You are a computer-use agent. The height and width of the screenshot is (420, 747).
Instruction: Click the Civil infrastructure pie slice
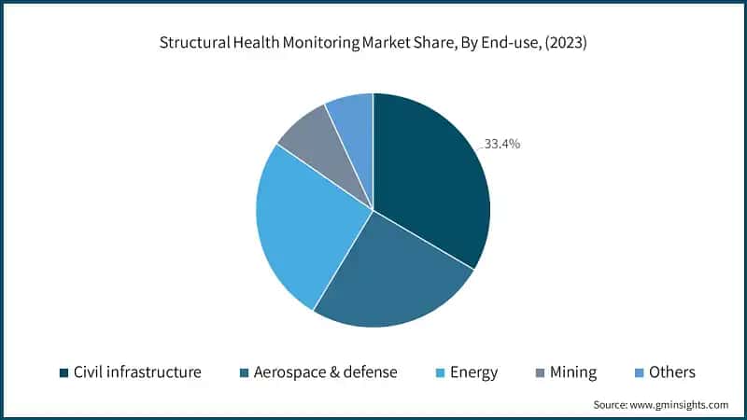430,177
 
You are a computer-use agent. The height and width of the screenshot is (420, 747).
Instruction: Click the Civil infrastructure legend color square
63,372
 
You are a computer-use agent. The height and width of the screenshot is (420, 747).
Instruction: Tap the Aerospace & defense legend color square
244,372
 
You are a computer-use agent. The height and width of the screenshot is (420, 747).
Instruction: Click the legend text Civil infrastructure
137,372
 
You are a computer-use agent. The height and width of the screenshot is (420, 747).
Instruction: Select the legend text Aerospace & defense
326,372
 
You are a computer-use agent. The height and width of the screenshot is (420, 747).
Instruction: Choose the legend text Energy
473,372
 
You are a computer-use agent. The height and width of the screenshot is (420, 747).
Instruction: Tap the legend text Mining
573,372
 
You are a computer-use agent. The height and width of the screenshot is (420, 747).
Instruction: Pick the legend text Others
672,372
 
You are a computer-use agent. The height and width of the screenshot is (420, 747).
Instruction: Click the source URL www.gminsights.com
682,405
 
